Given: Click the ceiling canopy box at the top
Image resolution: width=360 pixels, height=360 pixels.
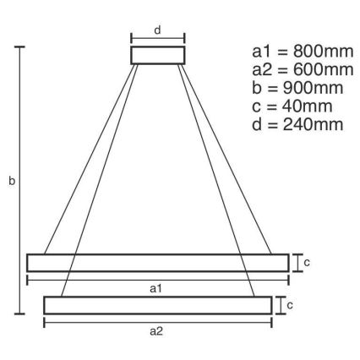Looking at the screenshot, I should pos(157,55).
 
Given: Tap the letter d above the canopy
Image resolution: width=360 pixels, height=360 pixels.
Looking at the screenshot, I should pos(158,30).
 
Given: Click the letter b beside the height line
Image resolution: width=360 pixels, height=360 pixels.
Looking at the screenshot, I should pos(10,181).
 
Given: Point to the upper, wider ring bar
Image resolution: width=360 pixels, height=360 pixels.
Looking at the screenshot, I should pos(157,262).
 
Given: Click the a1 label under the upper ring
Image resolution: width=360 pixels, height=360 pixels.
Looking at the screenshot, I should pos(156,289).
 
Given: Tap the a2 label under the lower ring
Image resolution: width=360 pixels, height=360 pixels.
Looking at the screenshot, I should pos(156,331).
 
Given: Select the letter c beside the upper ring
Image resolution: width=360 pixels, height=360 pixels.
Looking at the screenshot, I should pos(307,262).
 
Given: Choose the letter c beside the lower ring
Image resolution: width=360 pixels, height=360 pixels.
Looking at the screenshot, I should pos(290,303).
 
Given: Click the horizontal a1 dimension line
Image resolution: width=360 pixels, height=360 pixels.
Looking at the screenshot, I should pos(157,279).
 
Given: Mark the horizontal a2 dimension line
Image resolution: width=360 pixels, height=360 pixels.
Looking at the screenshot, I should pos(157,321).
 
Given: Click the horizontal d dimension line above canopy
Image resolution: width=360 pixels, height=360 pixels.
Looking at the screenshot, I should pos(157,38).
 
